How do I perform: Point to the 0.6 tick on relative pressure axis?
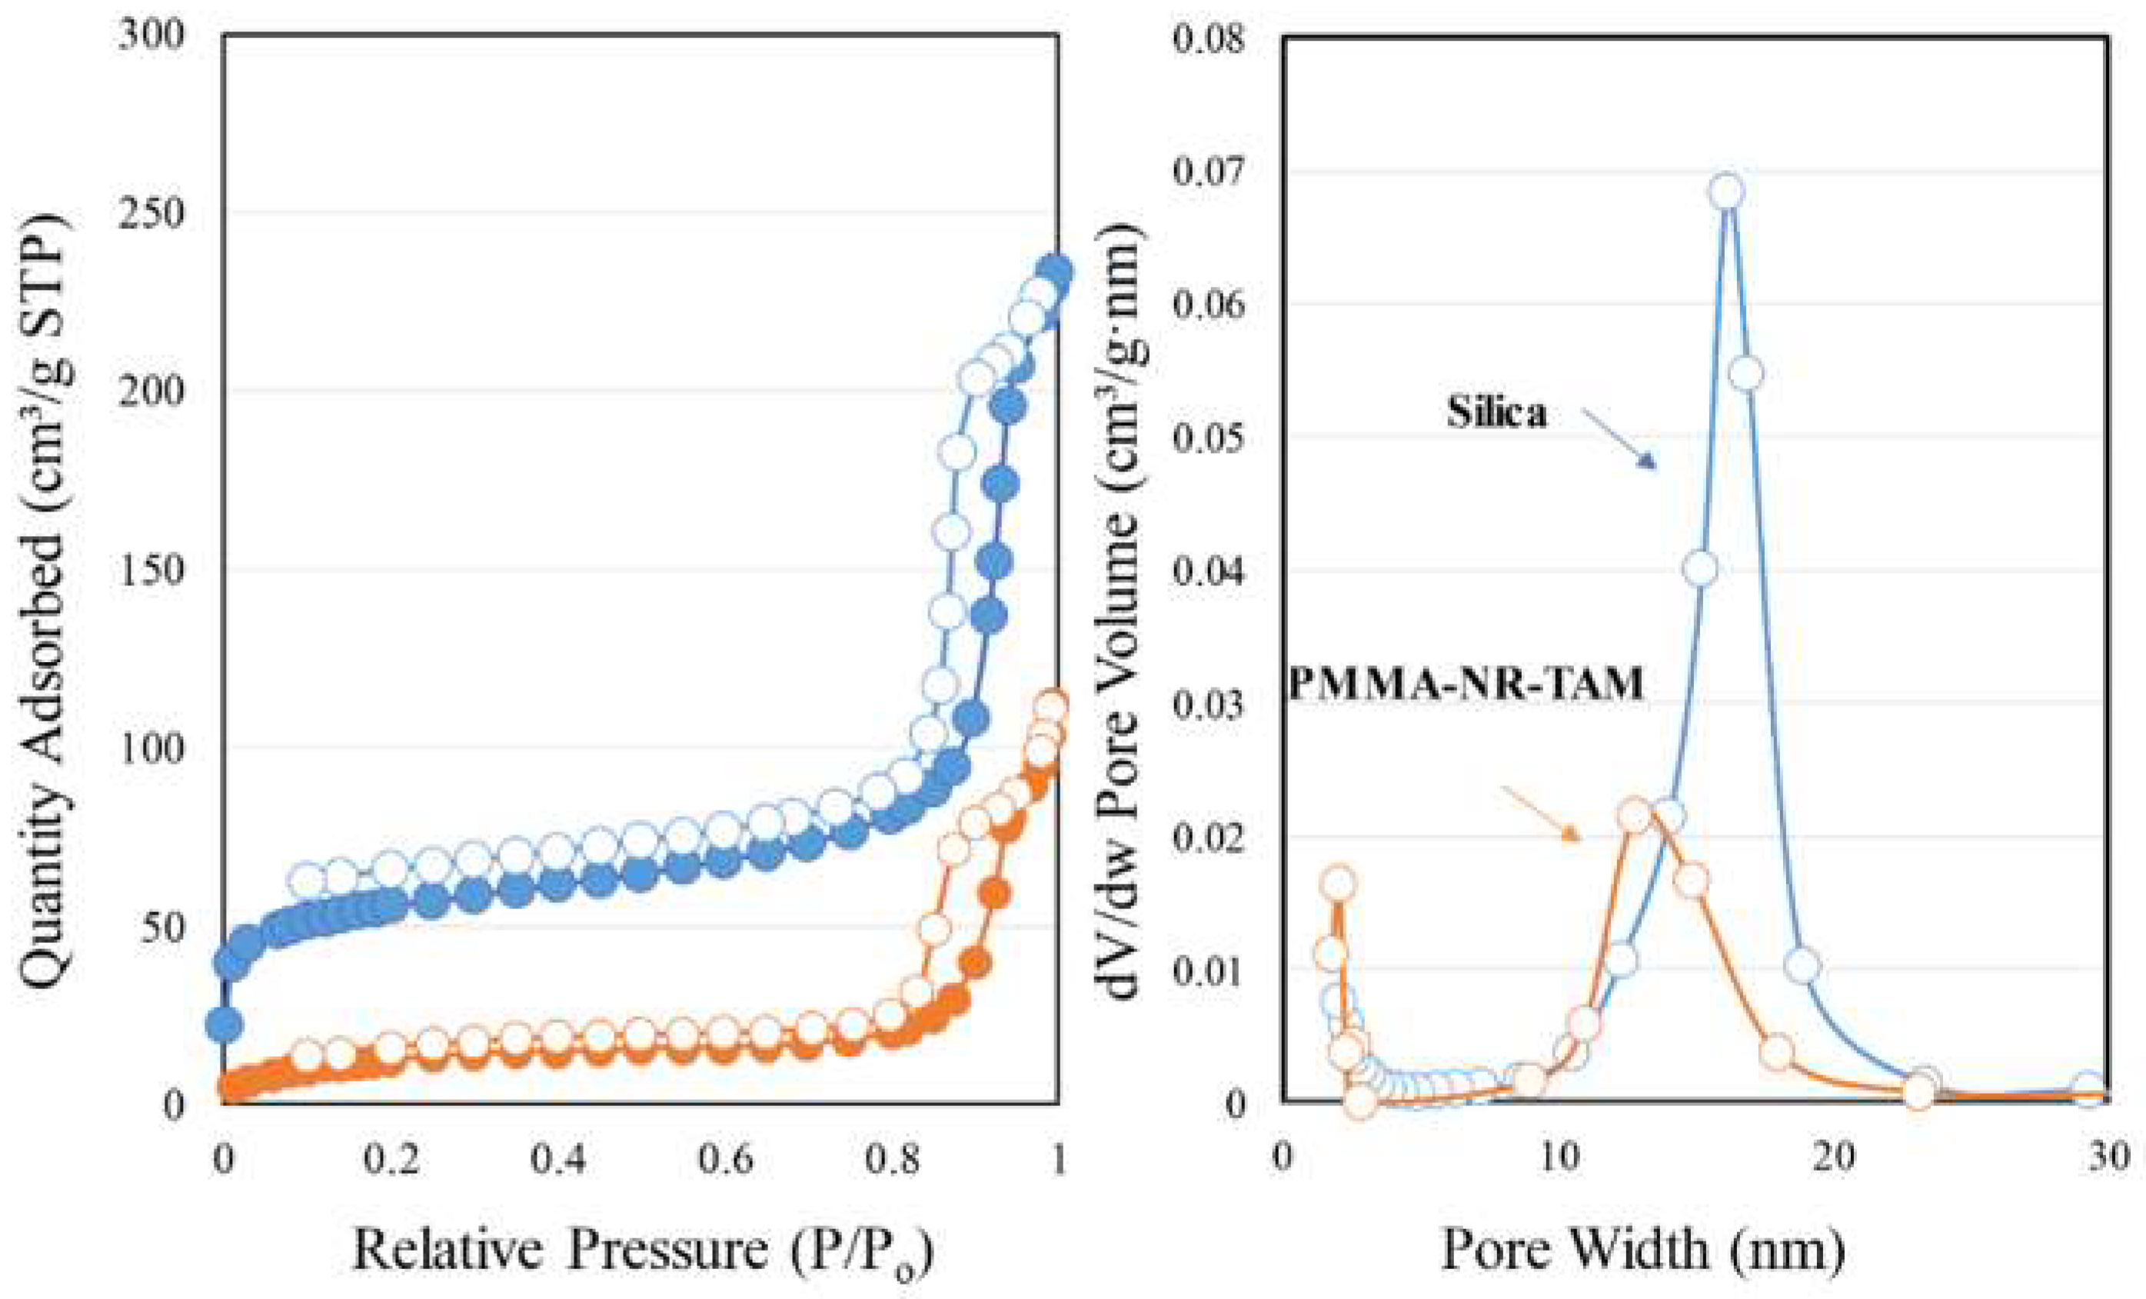coord(727,1160)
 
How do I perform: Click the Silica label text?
coord(1496,412)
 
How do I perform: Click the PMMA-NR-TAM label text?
coord(1466,684)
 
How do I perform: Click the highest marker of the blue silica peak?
coord(1728,192)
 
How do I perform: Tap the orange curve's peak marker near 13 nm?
coord(1636,815)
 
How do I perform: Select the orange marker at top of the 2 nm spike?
coord(1339,884)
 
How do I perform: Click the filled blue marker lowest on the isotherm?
coord(225,1024)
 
